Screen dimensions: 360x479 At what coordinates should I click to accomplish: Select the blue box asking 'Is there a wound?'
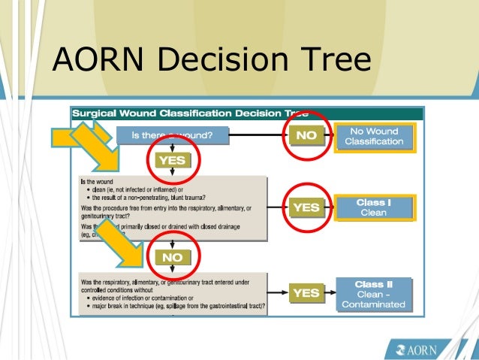172,136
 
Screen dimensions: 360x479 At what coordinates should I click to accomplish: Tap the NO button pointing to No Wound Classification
305,137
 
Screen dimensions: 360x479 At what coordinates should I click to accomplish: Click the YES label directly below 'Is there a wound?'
171,160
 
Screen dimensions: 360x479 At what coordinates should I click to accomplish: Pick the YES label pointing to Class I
306,207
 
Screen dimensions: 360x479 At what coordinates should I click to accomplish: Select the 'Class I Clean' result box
373,207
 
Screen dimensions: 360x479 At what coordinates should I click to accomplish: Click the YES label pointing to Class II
306,292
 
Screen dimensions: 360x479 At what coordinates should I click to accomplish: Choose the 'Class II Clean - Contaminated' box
373,294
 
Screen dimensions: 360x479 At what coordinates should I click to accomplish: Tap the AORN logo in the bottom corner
421,349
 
